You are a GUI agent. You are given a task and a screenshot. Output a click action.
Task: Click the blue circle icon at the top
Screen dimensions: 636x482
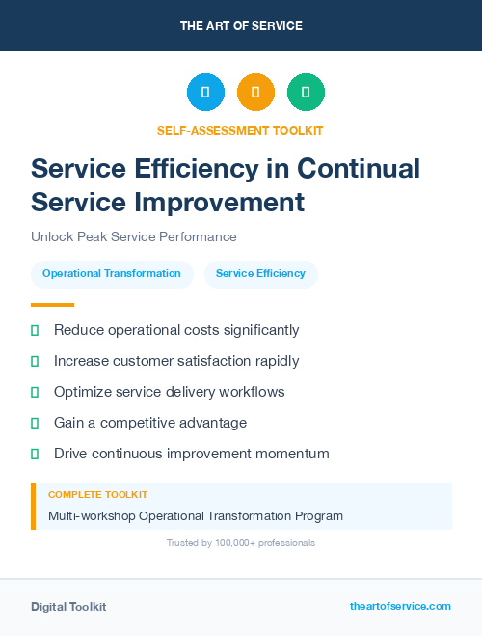[205, 93]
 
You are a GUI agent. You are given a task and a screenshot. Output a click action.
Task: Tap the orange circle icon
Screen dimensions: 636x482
[255, 93]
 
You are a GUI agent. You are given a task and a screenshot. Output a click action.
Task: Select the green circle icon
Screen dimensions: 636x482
[306, 93]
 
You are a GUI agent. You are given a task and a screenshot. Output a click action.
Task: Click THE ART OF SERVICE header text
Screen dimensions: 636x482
[241, 26]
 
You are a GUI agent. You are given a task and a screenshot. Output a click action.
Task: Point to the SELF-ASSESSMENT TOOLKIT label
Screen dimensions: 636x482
[240, 130]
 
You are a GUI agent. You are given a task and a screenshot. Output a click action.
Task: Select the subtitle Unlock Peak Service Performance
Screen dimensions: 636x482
[133, 236]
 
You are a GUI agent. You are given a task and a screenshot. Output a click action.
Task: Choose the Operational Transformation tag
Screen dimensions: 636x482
[112, 273]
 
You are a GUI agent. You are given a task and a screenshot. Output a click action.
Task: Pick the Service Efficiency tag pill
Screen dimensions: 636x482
[260, 273]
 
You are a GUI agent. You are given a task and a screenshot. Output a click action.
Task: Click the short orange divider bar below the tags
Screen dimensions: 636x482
[52, 304]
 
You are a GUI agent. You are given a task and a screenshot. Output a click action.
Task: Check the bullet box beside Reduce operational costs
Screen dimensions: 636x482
[35, 330]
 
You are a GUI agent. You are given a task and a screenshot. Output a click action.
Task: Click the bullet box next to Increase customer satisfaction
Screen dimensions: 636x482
[35, 361]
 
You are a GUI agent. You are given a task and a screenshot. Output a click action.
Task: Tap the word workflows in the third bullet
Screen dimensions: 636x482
[253, 392]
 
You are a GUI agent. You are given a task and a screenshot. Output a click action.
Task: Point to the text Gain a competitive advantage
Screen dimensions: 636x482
[150, 423]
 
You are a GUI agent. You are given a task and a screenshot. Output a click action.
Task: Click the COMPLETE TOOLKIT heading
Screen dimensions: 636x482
[97, 495]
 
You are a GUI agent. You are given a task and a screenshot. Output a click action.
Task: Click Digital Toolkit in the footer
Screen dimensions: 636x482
[68, 606]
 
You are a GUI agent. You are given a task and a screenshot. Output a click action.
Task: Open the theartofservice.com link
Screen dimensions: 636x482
[400, 606]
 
